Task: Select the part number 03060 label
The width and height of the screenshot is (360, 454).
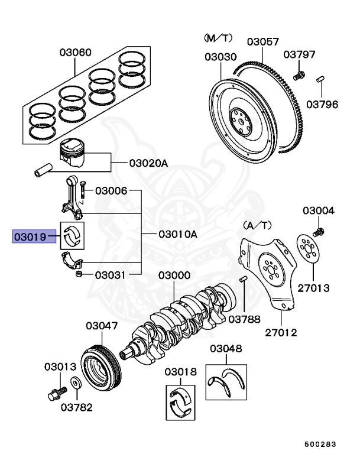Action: (x=75, y=52)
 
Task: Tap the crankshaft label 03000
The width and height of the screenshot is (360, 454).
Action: (x=173, y=276)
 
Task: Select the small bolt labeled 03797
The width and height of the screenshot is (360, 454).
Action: (x=299, y=75)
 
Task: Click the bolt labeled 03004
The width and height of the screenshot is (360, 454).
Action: (x=319, y=229)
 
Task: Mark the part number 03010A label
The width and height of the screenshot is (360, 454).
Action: (x=177, y=234)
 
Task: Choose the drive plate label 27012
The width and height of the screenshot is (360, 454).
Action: (x=280, y=332)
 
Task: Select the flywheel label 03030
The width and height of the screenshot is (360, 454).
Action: (x=220, y=57)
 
